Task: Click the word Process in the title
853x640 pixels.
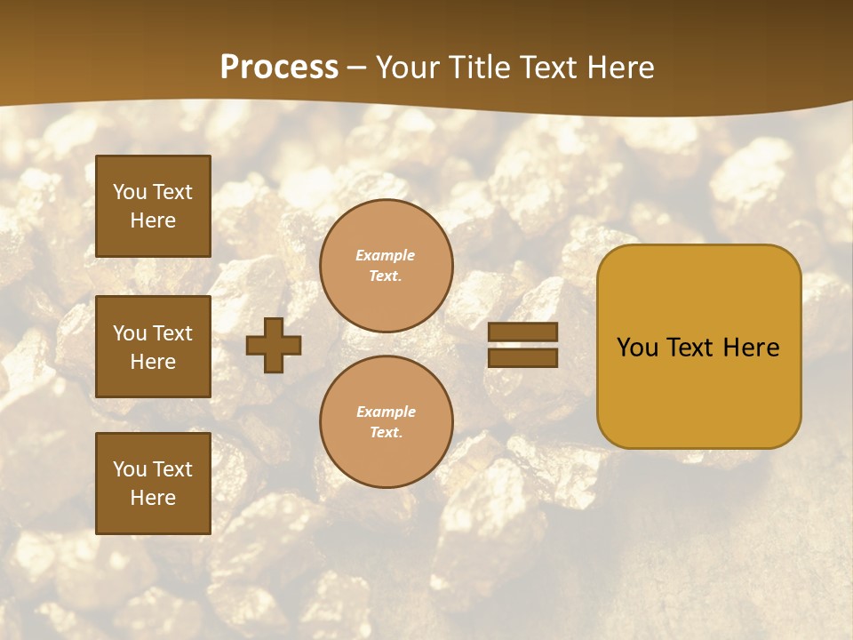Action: [x=279, y=68]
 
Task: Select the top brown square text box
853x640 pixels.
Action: [x=153, y=206]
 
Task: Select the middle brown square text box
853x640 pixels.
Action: [x=153, y=347]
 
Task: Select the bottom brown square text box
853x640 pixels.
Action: [x=153, y=483]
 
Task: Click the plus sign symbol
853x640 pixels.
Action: [x=274, y=345]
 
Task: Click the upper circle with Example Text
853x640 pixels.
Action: [x=386, y=266]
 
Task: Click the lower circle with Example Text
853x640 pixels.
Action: [x=386, y=421]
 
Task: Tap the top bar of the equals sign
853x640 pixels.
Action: [x=522, y=332]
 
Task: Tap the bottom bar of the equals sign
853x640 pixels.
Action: [x=522, y=357]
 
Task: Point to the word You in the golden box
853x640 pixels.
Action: [x=637, y=348]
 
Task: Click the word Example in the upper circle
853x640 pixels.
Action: [x=386, y=256]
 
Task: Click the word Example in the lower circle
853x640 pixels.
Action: [x=386, y=412]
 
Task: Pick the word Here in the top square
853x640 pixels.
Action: [x=153, y=220]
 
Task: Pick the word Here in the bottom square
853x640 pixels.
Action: [x=153, y=498]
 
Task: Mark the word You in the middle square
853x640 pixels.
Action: [x=130, y=333]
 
